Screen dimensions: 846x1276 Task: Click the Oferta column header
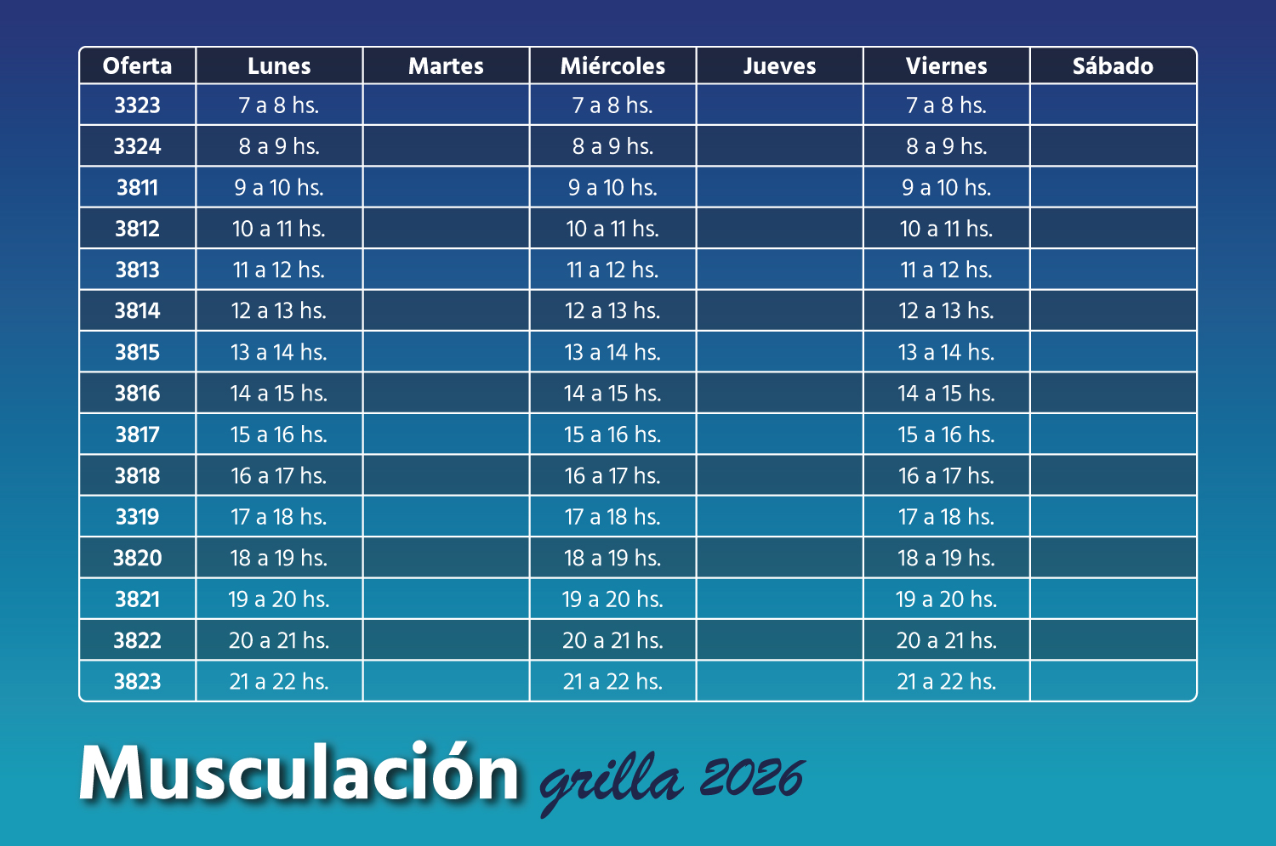coord(137,65)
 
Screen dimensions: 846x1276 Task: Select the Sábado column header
coord(1113,65)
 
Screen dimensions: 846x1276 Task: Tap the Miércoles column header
coord(612,65)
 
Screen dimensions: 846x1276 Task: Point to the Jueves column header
coord(779,65)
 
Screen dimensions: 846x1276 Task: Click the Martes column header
coord(446,65)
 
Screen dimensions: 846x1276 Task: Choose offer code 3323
coord(137,105)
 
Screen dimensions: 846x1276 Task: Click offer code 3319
coord(137,517)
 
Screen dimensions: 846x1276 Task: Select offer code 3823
coord(137,681)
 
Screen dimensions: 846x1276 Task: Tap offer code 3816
coord(137,394)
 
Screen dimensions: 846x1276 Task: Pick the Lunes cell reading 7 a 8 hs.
coord(279,105)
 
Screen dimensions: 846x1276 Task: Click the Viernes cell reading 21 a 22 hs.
coord(946,681)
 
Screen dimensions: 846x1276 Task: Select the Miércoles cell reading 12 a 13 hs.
coord(612,311)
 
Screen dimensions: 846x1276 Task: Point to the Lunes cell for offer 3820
coord(279,558)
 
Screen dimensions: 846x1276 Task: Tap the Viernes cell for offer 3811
coord(946,188)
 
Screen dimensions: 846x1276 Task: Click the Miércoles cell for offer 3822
coord(612,640)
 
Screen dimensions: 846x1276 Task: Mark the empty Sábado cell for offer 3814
coord(1113,311)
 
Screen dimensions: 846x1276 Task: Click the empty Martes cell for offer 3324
coord(446,146)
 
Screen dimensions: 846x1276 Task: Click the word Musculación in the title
coord(299,774)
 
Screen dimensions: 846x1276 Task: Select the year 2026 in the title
coord(752,777)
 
